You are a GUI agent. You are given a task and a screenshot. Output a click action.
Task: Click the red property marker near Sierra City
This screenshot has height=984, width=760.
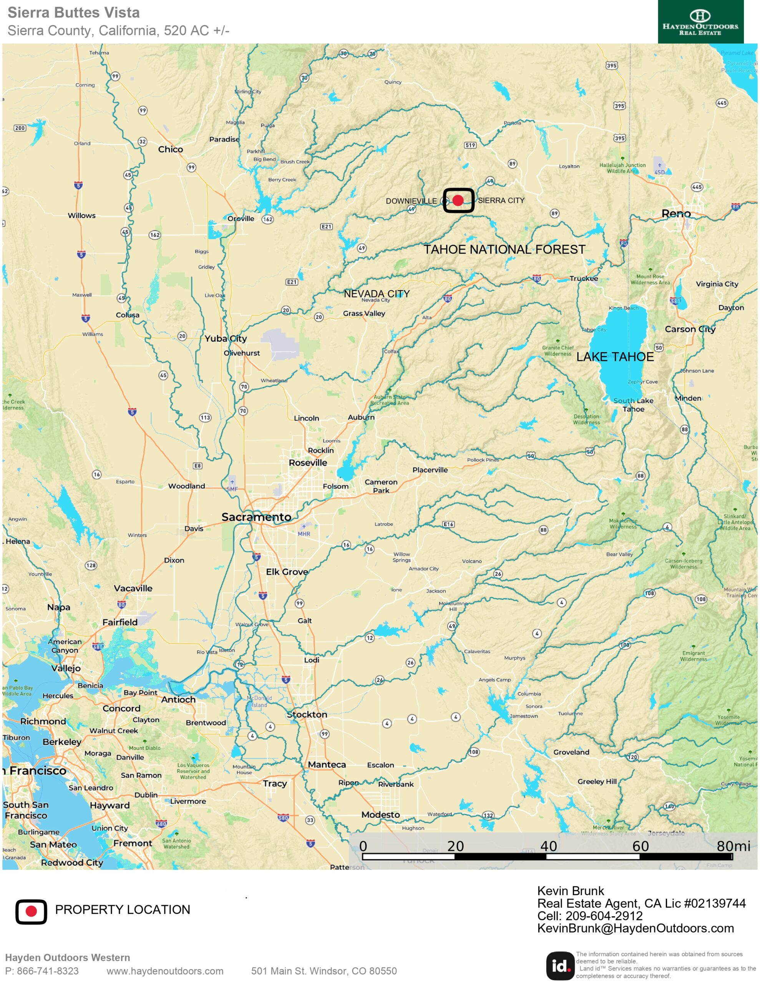(458, 201)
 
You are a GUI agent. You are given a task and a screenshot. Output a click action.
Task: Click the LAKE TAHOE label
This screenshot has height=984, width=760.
(614, 357)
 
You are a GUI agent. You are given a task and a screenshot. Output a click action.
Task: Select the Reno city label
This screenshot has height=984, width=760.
(675, 214)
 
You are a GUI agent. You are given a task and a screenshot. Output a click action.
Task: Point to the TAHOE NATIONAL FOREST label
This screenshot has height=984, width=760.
(504, 249)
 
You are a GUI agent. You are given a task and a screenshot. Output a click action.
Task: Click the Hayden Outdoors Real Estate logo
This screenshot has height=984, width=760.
(700, 22)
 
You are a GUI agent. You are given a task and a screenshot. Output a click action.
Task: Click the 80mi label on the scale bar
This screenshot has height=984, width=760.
(733, 846)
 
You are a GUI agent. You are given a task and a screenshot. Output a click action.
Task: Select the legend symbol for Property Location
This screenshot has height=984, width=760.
(31, 911)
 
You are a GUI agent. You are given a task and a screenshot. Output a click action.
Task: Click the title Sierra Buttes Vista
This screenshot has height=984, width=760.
(73, 13)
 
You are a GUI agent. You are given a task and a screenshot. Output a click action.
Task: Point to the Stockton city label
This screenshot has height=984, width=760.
(307, 715)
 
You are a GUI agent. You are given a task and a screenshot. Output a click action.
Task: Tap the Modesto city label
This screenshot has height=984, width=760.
(380, 814)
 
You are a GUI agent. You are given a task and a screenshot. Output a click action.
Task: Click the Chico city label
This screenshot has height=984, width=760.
(170, 149)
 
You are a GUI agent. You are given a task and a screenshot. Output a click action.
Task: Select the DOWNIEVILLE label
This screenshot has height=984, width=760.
(411, 201)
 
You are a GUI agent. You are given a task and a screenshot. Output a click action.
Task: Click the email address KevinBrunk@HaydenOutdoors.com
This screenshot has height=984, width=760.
(635, 928)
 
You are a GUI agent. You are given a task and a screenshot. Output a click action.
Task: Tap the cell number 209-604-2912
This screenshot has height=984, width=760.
(604, 916)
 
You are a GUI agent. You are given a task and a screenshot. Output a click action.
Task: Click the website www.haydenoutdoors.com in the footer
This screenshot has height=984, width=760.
(165, 971)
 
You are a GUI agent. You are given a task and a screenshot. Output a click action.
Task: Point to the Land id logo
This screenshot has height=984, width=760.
(559, 966)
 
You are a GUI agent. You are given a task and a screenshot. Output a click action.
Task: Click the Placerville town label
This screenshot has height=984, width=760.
(430, 470)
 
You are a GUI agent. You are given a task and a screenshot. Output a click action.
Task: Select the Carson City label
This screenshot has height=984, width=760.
(690, 329)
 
